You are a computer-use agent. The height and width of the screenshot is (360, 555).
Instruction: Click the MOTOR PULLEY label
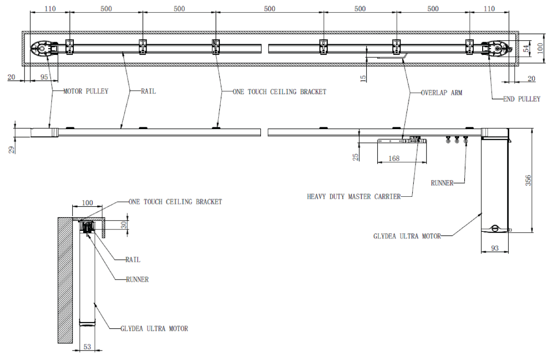coord(86,91)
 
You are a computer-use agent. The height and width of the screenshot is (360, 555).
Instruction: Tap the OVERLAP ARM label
coord(441,93)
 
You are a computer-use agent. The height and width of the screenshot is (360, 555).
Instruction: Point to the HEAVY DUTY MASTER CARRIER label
coord(354,196)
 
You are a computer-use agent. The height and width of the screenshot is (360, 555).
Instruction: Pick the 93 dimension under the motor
coord(495,247)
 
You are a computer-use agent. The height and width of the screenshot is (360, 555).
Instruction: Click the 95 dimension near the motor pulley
coord(44,77)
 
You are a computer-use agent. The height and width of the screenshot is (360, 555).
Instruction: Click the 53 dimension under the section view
coord(87,347)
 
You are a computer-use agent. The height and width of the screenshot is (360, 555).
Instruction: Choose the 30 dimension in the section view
coord(124,225)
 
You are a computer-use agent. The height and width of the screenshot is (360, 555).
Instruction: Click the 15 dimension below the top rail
coord(363,78)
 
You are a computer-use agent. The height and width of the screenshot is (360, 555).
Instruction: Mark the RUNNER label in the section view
coord(137,280)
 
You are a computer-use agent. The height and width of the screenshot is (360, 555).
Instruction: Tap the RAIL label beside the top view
coord(148,91)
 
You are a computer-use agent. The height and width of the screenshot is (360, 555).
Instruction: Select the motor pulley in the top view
coord(44,48)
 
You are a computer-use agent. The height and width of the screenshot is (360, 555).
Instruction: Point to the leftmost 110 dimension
coord(49,9)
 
